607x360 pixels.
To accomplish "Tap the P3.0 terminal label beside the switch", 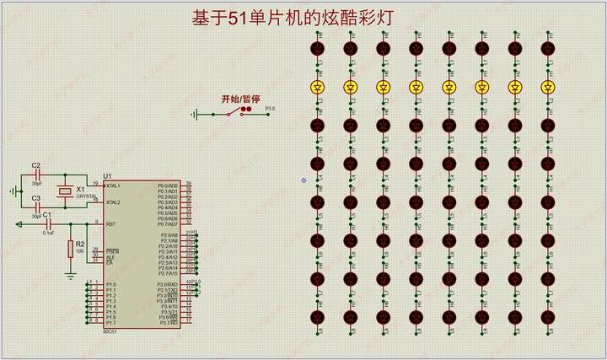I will [270, 109].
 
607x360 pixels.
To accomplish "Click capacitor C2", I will [36, 174].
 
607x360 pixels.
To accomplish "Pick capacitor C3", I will [36, 207].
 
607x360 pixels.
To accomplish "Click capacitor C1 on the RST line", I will [47, 224].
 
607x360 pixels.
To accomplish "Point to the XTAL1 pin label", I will [113, 185].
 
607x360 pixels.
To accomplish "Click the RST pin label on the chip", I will [110, 223].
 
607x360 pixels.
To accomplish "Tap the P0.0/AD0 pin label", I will [169, 185].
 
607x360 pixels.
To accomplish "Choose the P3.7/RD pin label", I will [169, 322].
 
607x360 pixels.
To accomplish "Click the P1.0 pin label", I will [110, 285].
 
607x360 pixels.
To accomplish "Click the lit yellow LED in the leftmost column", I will [319, 87].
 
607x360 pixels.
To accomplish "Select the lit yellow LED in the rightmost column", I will [546, 87].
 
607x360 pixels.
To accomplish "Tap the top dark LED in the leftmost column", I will [319, 49].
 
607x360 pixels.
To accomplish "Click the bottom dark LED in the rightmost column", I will [546, 316].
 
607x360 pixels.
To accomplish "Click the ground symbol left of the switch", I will [196, 115].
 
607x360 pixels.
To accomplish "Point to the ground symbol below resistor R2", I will [70, 274].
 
